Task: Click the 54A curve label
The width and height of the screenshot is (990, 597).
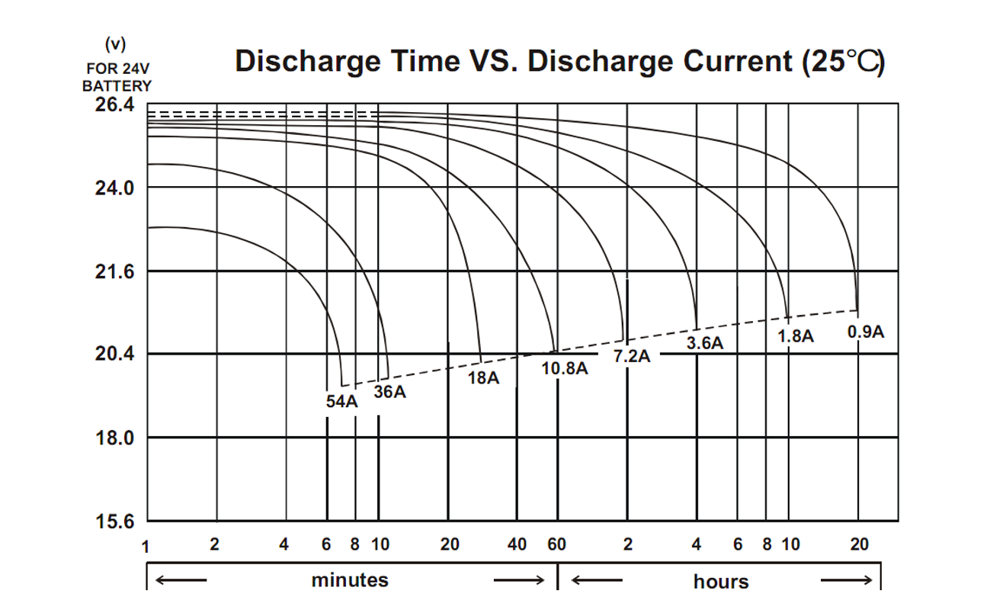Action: click(x=341, y=402)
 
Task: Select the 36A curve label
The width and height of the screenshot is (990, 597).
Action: click(x=389, y=393)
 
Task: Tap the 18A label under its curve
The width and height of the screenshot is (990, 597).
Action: click(x=483, y=378)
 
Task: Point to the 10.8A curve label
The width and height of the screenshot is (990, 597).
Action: click(x=565, y=369)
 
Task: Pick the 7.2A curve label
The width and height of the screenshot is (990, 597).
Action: click(x=633, y=356)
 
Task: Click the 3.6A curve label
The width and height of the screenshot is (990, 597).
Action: click(x=704, y=343)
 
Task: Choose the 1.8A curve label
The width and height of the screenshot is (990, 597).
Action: click(x=796, y=336)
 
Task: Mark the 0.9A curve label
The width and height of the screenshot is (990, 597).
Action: click(x=866, y=332)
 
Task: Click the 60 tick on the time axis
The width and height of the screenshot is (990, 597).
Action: click(x=557, y=544)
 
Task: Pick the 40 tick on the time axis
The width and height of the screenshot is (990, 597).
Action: click(x=517, y=544)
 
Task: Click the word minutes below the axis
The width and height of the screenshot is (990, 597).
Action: click(x=350, y=579)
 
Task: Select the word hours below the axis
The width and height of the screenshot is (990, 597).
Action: click(x=721, y=582)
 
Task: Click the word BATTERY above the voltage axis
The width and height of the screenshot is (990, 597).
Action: click(x=117, y=86)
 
